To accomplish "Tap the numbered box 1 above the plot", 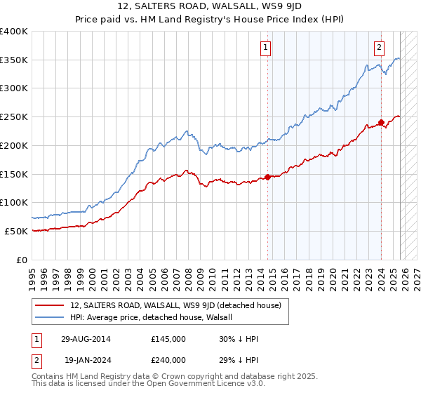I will [267, 48].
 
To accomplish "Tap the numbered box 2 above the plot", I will [379, 48].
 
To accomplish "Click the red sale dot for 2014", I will [268, 177].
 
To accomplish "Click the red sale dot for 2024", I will [381, 122].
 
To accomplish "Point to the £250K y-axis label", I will [14, 116].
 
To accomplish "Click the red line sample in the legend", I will [51, 305].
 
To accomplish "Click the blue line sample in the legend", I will [51, 317].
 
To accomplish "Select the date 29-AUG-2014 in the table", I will [86, 339].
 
